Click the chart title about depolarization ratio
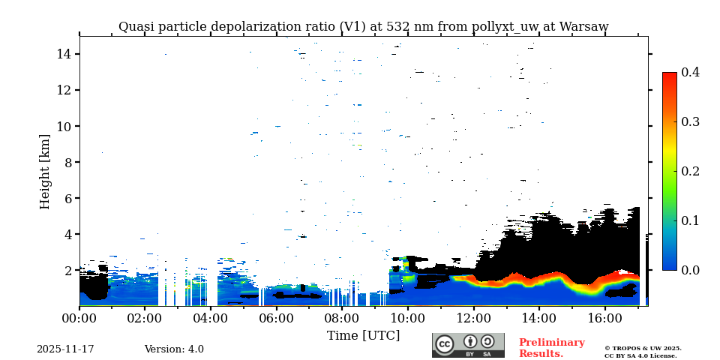coord(363,27)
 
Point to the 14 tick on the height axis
coord(63,54)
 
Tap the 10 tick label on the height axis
coord(63,126)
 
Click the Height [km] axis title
coord(45,171)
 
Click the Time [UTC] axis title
coord(363,335)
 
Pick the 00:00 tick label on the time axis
coord(79,318)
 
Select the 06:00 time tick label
coord(276,318)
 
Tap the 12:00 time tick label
coord(473,318)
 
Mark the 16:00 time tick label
coord(604,318)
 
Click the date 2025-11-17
coord(65,349)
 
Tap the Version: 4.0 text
coord(174,349)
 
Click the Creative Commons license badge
coord(468,345)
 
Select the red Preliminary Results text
coord(551,348)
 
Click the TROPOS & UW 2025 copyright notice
coord(643,348)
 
